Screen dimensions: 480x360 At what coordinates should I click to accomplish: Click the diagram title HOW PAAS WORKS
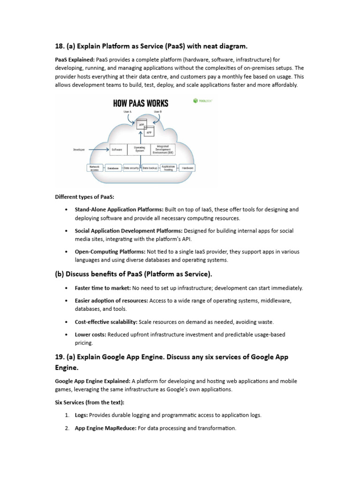tap(140, 103)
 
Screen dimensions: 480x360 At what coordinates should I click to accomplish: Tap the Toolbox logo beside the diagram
tap(202, 100)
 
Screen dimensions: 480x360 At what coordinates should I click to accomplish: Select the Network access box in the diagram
tap(95, 167)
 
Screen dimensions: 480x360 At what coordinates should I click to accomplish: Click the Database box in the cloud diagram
tap(112, 168)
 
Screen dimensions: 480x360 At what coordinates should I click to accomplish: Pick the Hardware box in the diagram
tap(187, 167)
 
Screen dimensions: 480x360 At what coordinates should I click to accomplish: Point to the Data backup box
tap(150, 167)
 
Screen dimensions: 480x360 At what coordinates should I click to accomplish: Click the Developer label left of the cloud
tap(79, 150)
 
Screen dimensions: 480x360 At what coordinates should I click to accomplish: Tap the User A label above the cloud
tap(127, 112)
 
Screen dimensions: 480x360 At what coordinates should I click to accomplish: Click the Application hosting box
tap(168, 167)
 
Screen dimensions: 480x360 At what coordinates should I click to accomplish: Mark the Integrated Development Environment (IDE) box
tap(163, 150)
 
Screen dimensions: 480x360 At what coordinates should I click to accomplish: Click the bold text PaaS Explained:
tap(75, 60)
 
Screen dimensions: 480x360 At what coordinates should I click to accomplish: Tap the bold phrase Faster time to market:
tap(103, 288)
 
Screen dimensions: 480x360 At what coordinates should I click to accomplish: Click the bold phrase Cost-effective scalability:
tap(106, 322)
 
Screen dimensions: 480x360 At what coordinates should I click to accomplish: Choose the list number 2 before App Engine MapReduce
tap(67, 428)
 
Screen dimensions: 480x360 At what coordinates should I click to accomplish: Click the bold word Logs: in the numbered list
tap(81, 415)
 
